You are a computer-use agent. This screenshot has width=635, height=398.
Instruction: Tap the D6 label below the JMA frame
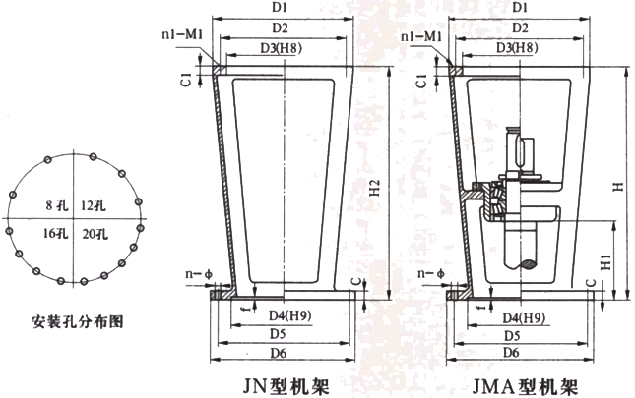(x=510, y=351)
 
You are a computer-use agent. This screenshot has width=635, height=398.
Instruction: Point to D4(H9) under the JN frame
(x=286, y=316)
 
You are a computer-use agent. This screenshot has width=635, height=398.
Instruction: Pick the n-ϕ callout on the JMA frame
(x=426, y=271)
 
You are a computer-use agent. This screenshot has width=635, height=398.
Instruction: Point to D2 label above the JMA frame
(x=512, y=28)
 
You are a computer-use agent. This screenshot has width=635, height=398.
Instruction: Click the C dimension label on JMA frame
(x=590, y=285)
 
